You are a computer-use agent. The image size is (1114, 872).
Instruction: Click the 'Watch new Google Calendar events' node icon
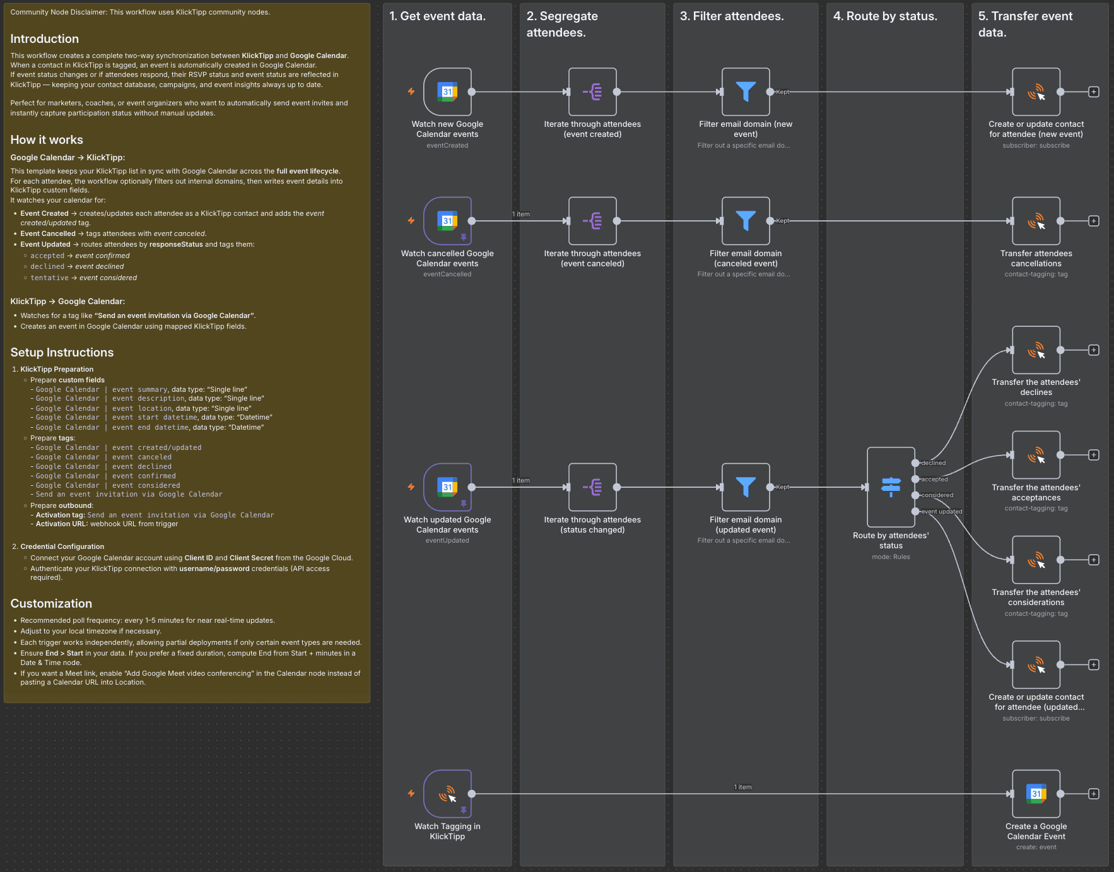pos(447,92)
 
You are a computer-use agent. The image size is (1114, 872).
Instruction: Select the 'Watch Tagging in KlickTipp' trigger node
pos(447,794)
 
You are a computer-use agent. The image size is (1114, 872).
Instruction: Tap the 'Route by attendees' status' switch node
pos(891,487)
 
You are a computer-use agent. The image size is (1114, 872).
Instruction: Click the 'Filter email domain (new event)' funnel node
pos(746,92)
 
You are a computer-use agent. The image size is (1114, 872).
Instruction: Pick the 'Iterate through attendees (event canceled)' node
pos(592,221)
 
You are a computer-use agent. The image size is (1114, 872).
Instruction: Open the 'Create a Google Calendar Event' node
pos(1036,794)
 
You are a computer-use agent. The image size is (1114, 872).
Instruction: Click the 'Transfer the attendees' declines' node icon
pos(1036,350)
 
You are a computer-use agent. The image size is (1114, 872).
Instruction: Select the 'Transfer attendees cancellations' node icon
pos(1036,221)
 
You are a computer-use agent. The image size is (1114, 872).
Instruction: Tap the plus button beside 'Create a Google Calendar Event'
pos(1094,794)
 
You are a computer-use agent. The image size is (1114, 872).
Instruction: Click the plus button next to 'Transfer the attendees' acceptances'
pos(1094,455)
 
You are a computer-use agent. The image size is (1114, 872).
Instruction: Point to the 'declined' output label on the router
pos(934,463)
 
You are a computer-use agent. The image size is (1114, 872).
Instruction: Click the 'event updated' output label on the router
pos(941,512)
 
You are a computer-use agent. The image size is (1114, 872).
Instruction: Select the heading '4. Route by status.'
pos(885,16)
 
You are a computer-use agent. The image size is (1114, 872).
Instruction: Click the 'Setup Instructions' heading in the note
pos(62,353)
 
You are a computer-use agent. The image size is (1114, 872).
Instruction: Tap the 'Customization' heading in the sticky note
pos(51,604)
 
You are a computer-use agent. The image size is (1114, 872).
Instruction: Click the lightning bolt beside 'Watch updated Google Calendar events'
pos(411,487)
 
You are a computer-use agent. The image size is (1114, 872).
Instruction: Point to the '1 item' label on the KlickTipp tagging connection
pos(742,787)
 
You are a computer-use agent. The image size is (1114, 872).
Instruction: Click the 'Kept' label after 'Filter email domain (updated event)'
pos(783,487)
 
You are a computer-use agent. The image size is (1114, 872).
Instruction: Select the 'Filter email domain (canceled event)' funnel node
pos(746,221)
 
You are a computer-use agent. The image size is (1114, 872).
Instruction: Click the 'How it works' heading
pos(47,140)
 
